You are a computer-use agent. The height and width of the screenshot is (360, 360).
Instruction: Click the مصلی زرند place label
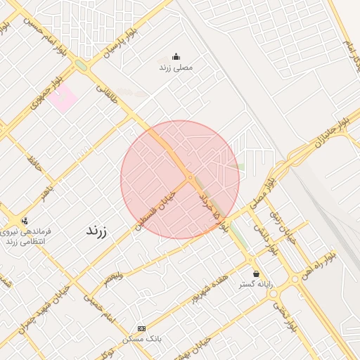coord(175,67)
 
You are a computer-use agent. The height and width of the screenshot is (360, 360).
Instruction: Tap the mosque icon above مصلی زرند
coord(176,57)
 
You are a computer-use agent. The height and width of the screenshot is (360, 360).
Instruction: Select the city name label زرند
coord(96,230)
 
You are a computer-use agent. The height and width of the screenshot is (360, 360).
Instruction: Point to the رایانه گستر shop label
coord(256,284)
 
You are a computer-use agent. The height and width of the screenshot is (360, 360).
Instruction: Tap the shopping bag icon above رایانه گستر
coord(255,274)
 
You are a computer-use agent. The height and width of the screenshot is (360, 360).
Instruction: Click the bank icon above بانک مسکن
coord(142,328)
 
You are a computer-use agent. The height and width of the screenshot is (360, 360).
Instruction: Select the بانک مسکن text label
coord(142,339)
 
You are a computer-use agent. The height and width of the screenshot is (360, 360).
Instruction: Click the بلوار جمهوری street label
coord(47,95)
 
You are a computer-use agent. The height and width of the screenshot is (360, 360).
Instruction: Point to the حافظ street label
coord(34,164)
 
